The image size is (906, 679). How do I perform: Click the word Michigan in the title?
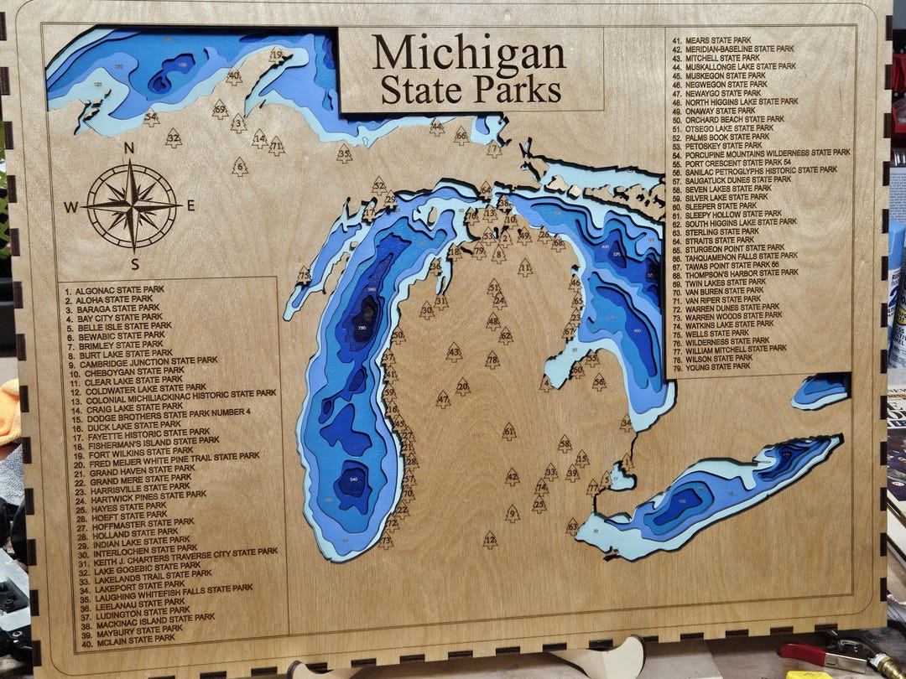pos(469,54)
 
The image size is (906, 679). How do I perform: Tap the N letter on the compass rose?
pos(129,148)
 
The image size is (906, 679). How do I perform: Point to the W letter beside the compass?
pos(72,207)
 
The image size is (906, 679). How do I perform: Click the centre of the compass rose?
pos(132,205)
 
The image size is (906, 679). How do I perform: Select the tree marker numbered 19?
pos(277,56)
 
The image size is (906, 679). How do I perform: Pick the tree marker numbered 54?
pos(151,118)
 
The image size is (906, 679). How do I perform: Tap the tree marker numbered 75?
pos(304,275)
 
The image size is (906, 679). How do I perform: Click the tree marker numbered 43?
pos(454,352)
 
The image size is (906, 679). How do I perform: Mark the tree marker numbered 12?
pos(490,541)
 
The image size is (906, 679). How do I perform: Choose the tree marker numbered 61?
pos(509,432)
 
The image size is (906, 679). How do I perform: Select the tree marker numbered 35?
pos(344,153)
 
